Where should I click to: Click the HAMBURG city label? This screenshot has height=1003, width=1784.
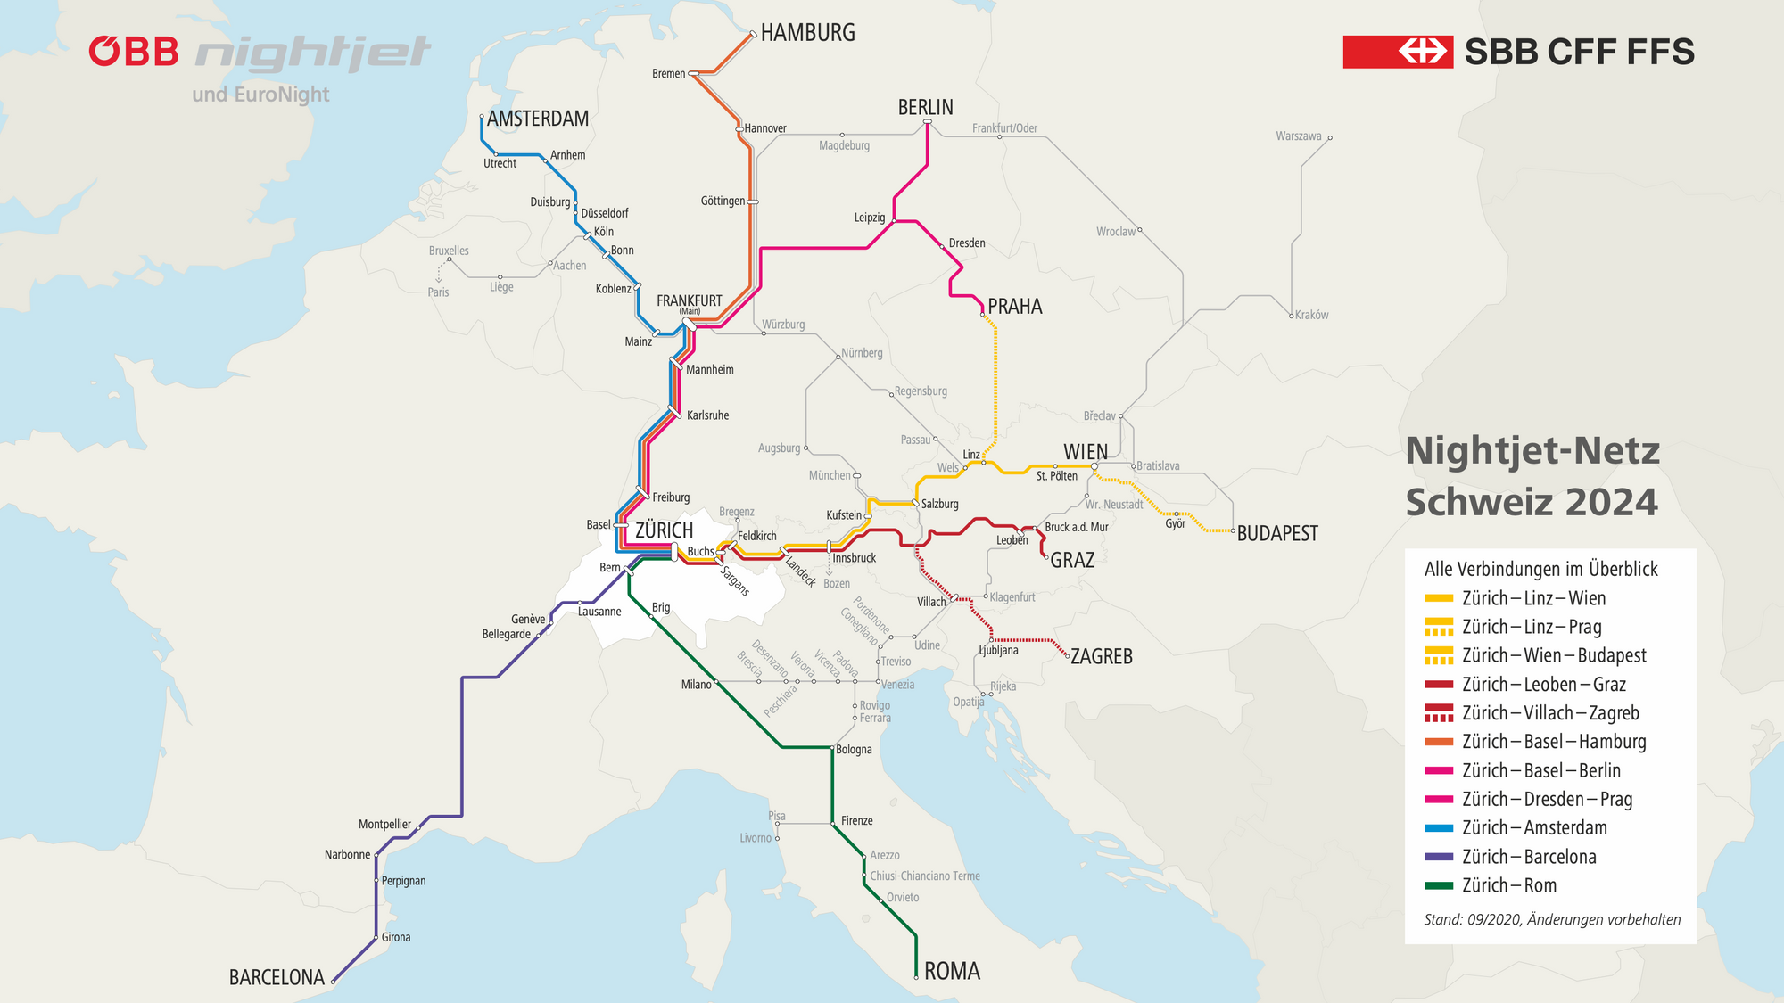(x=807, y=33)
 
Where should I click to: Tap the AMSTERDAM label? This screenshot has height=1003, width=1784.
(x=538, y=119)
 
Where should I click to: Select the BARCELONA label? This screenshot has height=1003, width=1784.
(x=277, y=977)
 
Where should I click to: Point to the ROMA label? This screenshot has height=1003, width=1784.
(x=952, y=971)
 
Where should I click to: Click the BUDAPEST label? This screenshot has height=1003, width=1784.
(x=1277, y=533)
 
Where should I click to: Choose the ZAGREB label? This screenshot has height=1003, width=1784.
(x=1102, y=656)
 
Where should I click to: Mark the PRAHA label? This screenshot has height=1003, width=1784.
(x=1015, y=307)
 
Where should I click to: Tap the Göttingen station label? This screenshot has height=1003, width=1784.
(x=723, y=201)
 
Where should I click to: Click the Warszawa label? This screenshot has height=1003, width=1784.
(x=1298, y=136)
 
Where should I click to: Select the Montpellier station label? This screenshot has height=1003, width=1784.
(x=384, y=825)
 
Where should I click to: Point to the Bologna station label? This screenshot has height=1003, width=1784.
(x=854, y=750)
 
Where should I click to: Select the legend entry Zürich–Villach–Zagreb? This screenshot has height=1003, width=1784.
(x=1550, y=712)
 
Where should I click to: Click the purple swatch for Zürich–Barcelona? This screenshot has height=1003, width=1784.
(x=1439, y=857)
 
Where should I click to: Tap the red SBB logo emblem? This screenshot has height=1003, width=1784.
(x=1397, y=52)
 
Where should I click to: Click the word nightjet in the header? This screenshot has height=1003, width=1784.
(x=312, y=53)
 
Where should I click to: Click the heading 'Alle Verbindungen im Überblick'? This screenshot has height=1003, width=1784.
(x=1540, y=569)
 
